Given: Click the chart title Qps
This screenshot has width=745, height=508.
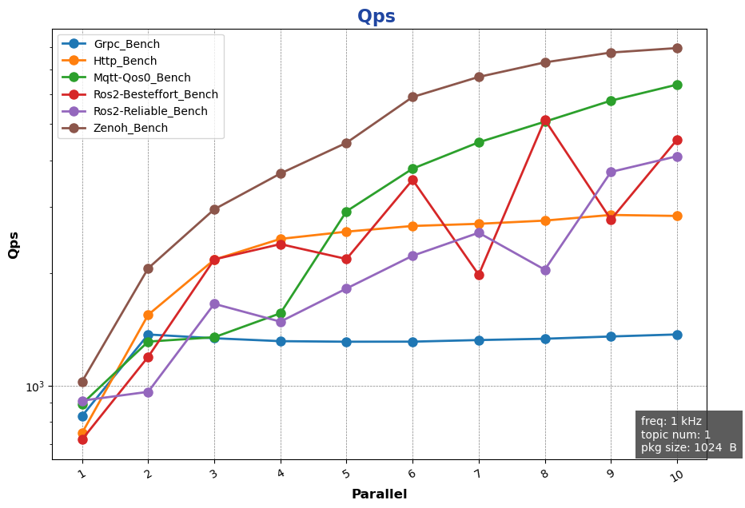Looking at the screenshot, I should pos(376,17).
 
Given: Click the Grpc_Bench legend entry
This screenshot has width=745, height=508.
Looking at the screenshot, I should pos(126,44).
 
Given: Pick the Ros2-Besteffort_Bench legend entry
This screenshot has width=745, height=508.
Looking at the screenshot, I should pos(155,94).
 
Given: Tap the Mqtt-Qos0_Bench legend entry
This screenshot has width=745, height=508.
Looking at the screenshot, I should pos(141,77).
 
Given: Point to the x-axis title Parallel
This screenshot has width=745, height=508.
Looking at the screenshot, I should pos(379,494).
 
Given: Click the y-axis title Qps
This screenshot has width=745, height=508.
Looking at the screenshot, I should pos(14,244).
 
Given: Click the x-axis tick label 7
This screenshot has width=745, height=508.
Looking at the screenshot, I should pos(478,474).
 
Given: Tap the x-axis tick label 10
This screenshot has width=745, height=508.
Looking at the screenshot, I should pos(675,476).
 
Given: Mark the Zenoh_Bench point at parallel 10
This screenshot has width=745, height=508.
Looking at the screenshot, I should pos(677,48).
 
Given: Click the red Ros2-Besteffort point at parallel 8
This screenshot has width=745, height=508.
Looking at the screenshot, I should pos(545,121).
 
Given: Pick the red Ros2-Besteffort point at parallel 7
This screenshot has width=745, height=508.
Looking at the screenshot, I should pos(479,275).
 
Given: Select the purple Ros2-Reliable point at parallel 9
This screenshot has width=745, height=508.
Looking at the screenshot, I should pos(611,172).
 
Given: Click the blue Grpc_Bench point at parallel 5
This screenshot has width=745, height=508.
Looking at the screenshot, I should pos(346,342).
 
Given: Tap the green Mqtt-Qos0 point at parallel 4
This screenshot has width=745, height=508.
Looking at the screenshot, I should pos(281,313).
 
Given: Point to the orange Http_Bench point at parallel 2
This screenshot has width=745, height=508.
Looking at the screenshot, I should pos(148,315).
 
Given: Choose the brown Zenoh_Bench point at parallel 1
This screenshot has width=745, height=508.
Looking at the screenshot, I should pos(82,382).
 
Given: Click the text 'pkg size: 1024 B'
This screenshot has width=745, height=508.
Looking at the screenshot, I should pos(688,448).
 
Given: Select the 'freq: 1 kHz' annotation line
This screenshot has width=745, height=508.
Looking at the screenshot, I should pos(671,421).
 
